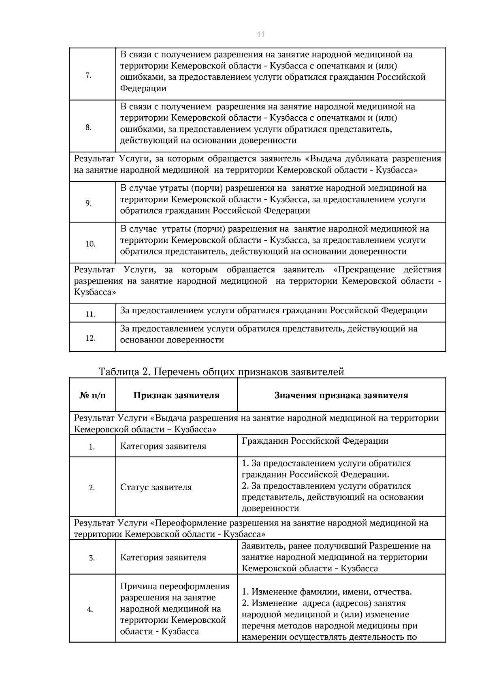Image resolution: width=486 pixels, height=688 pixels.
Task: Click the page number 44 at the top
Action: point(260,34)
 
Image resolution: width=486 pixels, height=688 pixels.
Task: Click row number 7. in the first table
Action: point(88,75)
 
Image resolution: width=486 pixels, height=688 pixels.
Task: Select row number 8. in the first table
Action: point(88,128)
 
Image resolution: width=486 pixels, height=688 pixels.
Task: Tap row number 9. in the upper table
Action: point(88,203)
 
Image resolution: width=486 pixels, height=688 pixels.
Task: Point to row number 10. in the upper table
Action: point(90,244)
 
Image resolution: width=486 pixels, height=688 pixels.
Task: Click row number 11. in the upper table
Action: point(90,314)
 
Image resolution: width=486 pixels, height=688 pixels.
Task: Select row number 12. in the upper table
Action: point(90,338)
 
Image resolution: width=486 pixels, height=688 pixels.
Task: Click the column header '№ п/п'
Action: point(92,395)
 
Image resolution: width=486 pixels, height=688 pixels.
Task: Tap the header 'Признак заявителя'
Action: point(176,395)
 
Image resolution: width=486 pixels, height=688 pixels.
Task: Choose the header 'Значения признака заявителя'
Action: point(341,395)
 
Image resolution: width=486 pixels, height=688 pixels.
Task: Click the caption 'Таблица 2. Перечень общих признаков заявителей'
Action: point(221,372)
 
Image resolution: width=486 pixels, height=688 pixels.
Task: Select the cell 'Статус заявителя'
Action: point(156,487)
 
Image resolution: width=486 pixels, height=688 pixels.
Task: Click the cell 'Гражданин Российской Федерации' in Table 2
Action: point(315,441)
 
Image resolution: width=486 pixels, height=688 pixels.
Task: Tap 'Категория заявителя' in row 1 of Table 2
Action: point(163,447)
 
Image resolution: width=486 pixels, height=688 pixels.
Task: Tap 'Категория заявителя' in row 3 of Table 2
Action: point(163,558)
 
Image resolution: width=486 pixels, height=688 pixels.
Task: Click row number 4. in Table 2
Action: point(90,609)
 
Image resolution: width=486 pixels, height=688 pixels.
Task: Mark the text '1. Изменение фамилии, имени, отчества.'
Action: point(326,592)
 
